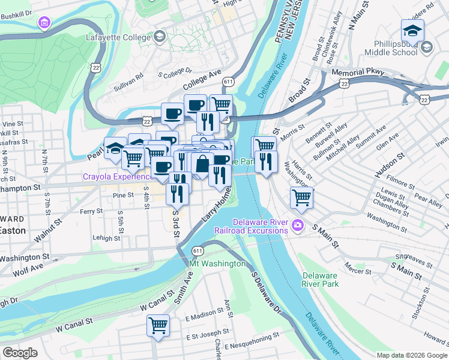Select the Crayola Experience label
[119, 177]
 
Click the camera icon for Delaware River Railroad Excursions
[297, 226]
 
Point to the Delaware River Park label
[320, 280]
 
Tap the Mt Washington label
[217, 263]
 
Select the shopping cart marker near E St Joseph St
[158, 326]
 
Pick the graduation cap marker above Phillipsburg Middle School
[412, 31]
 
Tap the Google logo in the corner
[20, 353]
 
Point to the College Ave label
[202, 80]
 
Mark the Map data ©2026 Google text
[411, 355]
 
